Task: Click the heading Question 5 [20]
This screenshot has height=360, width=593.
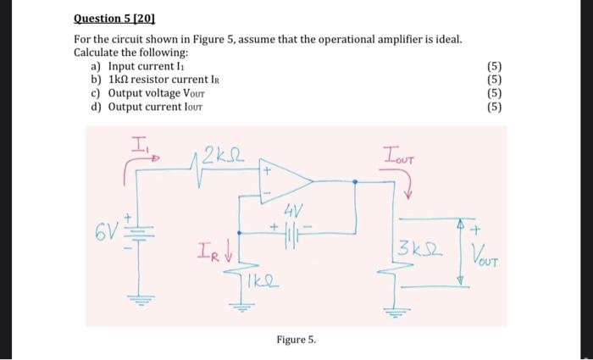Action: click(x=113, y=16)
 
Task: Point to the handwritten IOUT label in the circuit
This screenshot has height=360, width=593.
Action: click(x=398, y=155)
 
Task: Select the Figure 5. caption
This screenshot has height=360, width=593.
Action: click(x=296, y=340)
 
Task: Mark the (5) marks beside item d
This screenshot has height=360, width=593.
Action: click(x=496, y=107)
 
